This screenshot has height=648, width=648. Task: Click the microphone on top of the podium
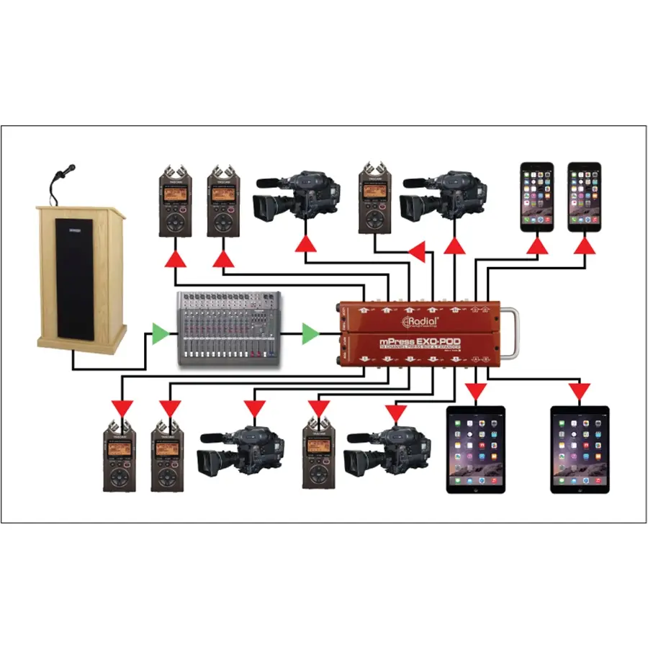coord(66,171)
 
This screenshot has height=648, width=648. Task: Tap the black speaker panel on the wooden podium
coord(75,284)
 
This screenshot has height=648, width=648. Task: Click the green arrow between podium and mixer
coord(161,333)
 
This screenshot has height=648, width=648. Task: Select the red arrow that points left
coord(417,251)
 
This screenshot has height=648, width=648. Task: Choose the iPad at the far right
coord(580,449)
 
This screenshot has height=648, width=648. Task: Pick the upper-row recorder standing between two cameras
coord(376,199)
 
